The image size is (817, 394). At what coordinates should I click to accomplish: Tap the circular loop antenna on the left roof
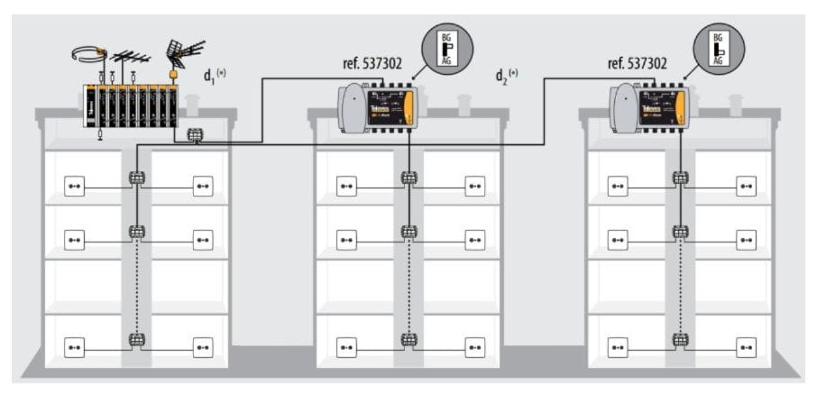(x=88, y=54)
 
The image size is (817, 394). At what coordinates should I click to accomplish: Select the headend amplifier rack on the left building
(x=130, y=105)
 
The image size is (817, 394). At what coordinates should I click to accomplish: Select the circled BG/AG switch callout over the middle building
(x=445, y=46)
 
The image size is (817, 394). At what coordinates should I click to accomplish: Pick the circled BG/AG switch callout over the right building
(x=718, y=48)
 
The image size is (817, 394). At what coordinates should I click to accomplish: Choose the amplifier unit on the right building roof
(x=648, y=106)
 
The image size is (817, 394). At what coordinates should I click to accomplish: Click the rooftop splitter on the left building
(x=195, y=136)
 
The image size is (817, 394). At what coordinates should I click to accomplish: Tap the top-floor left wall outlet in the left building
(x=74, y=188)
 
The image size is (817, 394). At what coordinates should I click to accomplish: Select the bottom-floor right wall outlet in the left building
(x=203, y=347)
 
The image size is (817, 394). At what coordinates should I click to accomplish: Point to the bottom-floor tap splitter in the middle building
(x=408, y=340)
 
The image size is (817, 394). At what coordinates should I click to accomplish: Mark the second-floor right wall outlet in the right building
(x=746, y=240)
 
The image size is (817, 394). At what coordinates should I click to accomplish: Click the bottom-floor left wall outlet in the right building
(x=618, y=347)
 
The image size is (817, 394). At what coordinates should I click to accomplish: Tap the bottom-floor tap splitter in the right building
(x=681, y=340)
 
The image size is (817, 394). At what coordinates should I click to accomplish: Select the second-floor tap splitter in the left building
(x=137, y=232)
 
